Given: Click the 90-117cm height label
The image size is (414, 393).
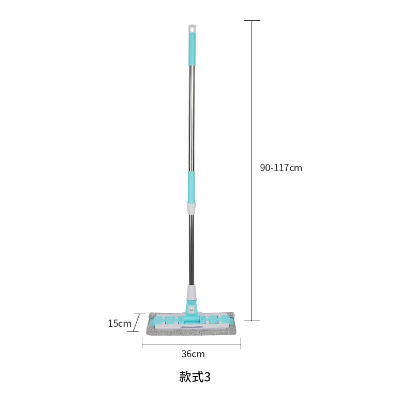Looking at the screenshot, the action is point(281,168).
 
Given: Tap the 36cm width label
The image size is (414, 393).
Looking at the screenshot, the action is point(193,354).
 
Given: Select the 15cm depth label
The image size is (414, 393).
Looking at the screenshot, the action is point(120,323).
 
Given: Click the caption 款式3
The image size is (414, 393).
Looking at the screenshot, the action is point(195,376).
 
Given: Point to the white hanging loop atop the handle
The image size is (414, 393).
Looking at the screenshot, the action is point(193,28).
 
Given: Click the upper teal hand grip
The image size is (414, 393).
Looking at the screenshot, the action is point(192,49).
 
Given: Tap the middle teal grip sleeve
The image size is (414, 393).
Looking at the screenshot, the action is point(191,187).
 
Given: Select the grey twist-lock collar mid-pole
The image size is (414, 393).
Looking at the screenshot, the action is point(191,208).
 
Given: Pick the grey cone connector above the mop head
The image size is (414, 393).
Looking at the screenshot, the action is point(191,293).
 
